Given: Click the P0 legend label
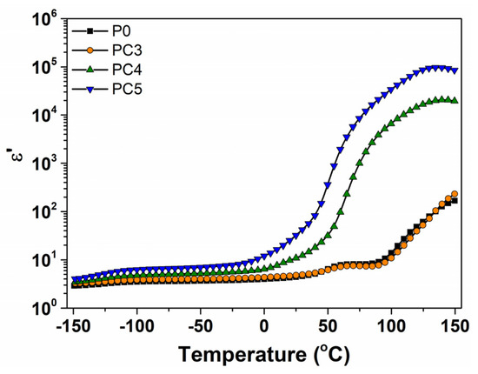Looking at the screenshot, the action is tap(122, 31).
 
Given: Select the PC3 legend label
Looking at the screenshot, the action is tap(127, 50).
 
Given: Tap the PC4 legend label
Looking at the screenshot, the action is tap(127, 70).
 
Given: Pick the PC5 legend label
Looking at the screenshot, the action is tap(127, 90).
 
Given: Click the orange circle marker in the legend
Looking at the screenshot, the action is tap(90, 50).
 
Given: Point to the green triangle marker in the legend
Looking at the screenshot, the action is tap(90, 70).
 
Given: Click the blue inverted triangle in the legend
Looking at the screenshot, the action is tap(90, 90).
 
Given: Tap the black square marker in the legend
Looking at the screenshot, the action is tap(90, 31).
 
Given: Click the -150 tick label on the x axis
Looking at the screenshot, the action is tap(73, 326).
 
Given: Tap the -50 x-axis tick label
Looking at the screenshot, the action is tap(200, 326).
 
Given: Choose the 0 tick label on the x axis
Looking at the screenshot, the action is tap(264, 326).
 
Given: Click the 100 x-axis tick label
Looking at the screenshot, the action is tap(391, 326).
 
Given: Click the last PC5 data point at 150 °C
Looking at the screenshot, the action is tap(455, 70).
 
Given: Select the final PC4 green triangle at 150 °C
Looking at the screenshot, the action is tap(455, 100).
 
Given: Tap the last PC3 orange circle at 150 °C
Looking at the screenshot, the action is tap(455, 194).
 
